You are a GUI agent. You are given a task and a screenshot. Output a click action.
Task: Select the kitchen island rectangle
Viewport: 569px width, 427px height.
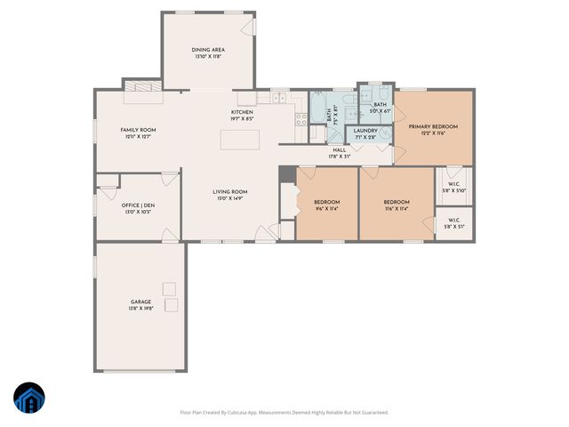tap(240, 140)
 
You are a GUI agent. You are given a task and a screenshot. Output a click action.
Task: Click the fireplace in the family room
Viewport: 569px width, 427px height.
tap(141, 86)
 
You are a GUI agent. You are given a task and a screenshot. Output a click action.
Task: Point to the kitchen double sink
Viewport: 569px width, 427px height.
tap(279, 97)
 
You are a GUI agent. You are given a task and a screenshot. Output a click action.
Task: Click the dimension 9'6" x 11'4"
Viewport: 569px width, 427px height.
tap(326, 210)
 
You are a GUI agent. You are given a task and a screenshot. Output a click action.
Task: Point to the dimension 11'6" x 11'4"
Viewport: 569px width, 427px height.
tap(397, 210)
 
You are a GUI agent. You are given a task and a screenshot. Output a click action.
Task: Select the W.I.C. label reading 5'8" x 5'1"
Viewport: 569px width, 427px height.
tap(453, 222)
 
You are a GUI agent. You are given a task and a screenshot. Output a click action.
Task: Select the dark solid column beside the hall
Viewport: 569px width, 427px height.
tap(286, 174)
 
